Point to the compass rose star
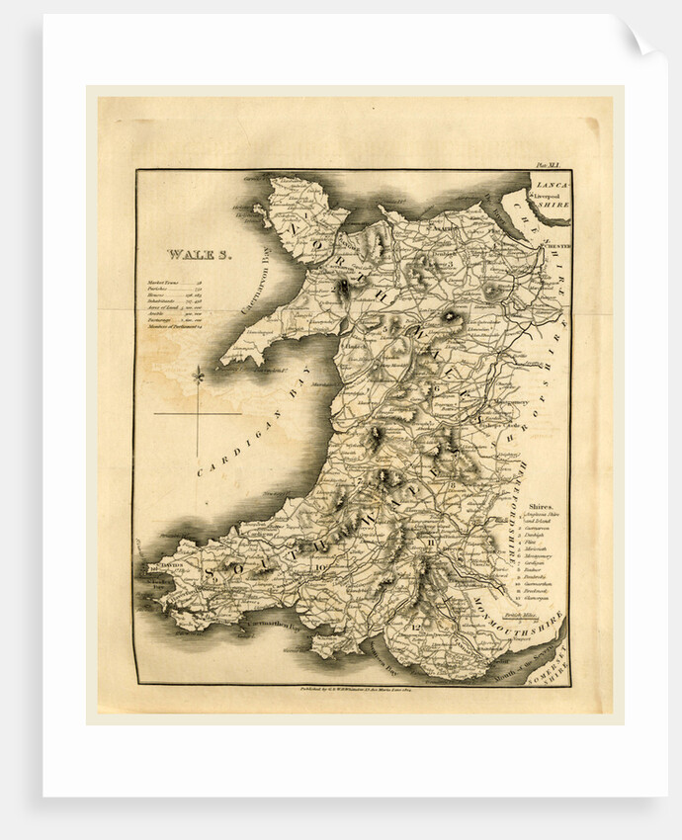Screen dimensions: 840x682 pyautogui.click(x=198, y=376)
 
